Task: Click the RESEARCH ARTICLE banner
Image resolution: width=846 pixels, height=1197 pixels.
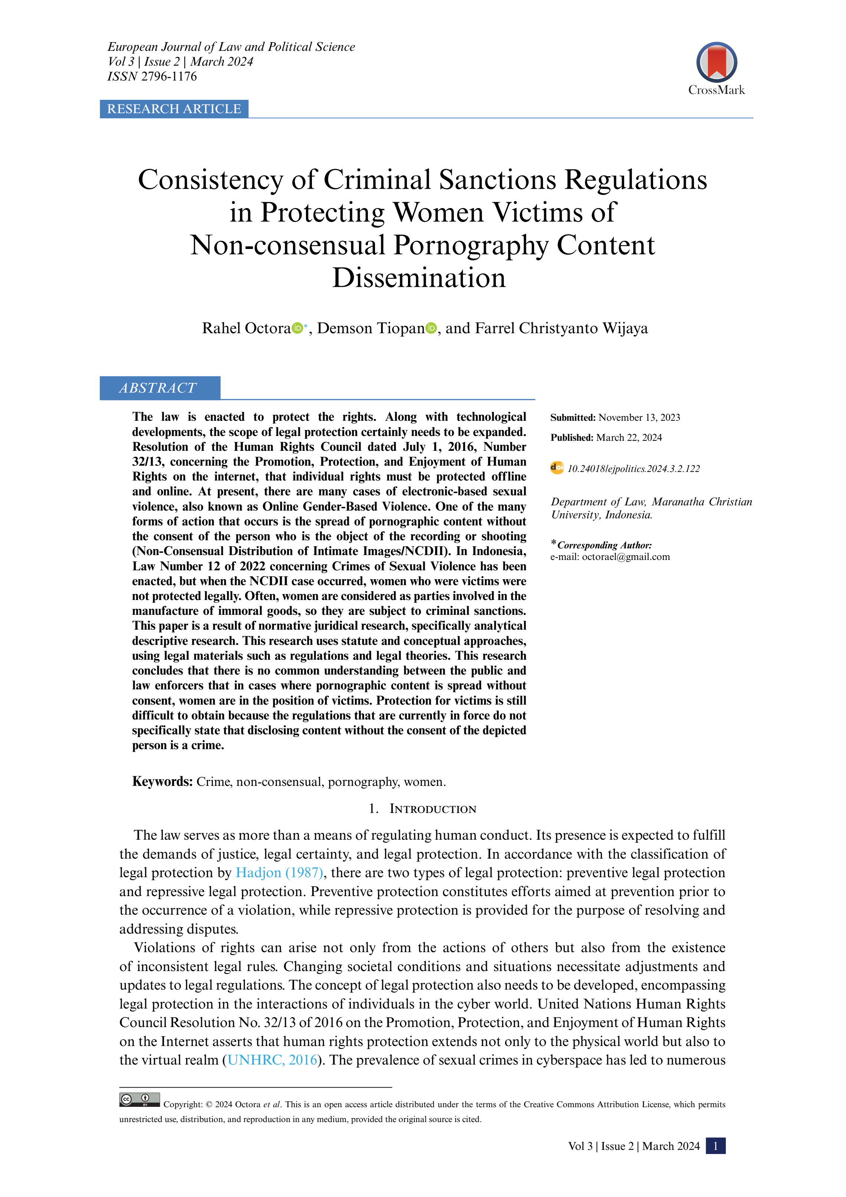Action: (x=174, y=109)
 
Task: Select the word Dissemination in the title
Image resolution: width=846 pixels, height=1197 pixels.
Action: (x=419, y=278)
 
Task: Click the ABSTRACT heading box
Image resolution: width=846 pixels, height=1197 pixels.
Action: (x=159, y=388)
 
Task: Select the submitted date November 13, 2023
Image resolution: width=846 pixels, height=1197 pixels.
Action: (x=639, y=417)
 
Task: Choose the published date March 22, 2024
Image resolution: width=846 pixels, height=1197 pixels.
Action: (x=629, y=437)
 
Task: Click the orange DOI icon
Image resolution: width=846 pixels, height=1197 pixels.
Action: (x=557, y=468)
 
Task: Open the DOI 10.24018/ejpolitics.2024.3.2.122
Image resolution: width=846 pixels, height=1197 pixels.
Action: (x=633, y=469)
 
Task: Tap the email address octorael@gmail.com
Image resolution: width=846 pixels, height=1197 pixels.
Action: (x=626, y=557)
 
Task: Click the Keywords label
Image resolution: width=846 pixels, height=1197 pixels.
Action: (x=162, y=781)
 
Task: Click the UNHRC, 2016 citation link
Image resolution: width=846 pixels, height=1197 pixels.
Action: (x=273, y=1060)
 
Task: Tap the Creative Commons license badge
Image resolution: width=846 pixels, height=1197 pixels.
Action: (x=139, y=1099)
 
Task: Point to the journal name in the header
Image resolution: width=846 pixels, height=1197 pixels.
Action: (x=231, y=47)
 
